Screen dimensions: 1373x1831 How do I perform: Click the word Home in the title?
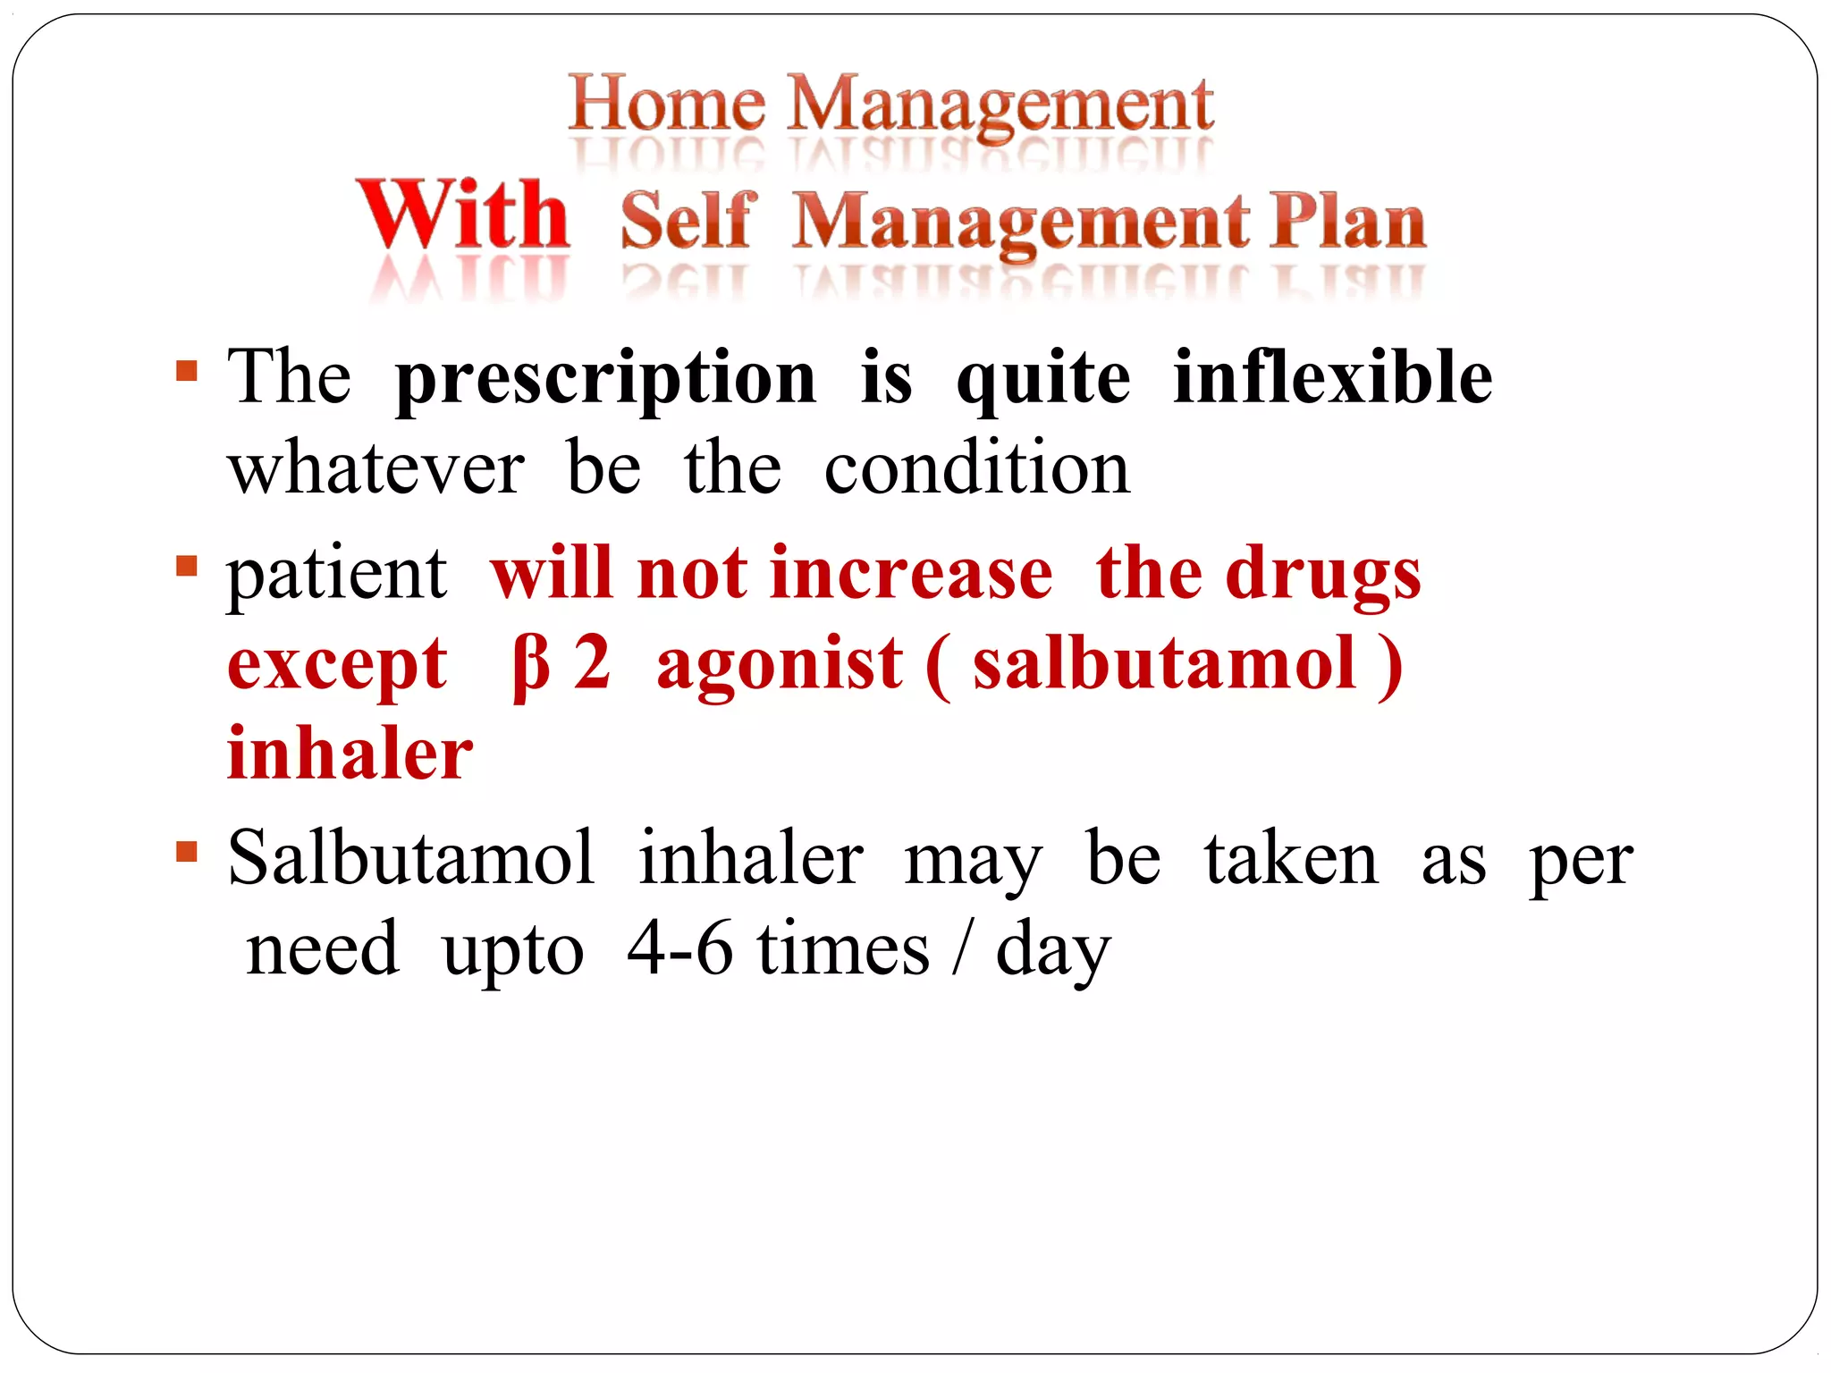(667, 105)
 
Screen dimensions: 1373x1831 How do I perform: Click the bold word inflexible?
(1332, 377)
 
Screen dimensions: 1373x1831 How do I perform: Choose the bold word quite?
(1042, 380)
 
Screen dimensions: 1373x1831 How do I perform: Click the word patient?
(336, 575)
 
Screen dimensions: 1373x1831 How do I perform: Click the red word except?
(337, 666)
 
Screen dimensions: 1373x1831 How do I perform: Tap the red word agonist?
(780, 666)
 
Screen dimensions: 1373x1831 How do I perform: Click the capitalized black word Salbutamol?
(411, 858)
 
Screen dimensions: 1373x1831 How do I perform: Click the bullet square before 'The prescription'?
(187, 371)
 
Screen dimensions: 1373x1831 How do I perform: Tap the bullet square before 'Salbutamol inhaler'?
(187, 851)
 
